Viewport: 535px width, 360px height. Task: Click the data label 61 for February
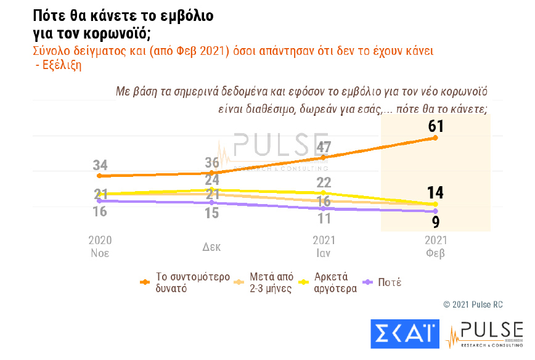click(436, 126)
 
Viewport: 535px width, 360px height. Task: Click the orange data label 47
click(324, 148)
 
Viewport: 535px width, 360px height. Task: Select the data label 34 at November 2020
click(100, 165)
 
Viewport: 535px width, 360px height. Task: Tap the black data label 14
click(435, 192)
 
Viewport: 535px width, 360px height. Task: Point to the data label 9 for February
click(435, 221)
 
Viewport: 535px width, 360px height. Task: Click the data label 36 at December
click(213, 163)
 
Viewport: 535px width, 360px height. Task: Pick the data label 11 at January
click(324, 218)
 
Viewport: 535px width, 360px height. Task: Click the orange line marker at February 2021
click(436, 137)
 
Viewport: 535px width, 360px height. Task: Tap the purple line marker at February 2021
click(436, 211)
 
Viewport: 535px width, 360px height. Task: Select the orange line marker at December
click(212, 173)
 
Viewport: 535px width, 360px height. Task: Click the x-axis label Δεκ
click(211, 247)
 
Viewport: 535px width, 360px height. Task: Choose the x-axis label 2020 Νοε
click(100, 246)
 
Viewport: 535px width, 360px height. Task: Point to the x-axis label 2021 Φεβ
click(436, 246)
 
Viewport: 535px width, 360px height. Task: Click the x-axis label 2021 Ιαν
click(324, 246)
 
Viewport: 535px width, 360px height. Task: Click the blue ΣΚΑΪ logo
click(404, 333)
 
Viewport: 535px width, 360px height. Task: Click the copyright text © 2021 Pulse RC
click(473, 304)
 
